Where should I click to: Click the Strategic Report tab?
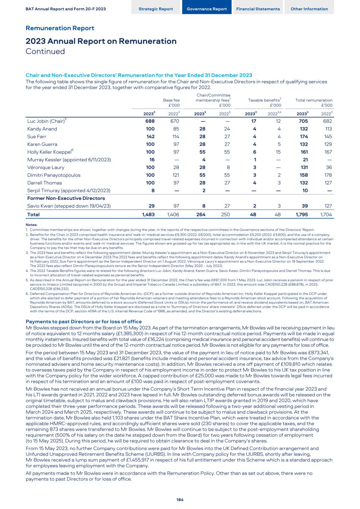(156, 9)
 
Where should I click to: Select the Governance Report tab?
(206, 9)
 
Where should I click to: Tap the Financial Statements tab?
(258, 9)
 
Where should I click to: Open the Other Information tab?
(309, 9)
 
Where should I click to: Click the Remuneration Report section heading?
(60, 28)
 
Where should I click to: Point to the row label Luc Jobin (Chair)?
(45, 121)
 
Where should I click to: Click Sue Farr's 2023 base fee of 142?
(150, 136)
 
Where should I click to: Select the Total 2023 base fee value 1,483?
(148, 214)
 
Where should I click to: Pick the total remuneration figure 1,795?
(302, 214)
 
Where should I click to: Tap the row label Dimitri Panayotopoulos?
(54, 175)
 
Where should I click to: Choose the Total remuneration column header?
(314, 100)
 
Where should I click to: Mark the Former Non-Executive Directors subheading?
(66, 198)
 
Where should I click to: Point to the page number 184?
(180, 500)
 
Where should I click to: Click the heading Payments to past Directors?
(83, 321)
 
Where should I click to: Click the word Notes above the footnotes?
(31, 224)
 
